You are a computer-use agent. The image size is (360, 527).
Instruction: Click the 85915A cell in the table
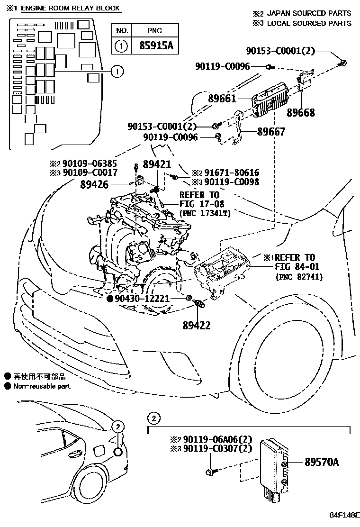[x=154, y=46]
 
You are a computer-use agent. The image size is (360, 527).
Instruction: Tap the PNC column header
[x=154, y=30]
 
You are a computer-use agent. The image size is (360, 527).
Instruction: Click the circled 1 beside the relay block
[x=117, y=72]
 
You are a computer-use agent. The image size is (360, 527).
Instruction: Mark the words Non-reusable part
[x=42, y=386]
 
